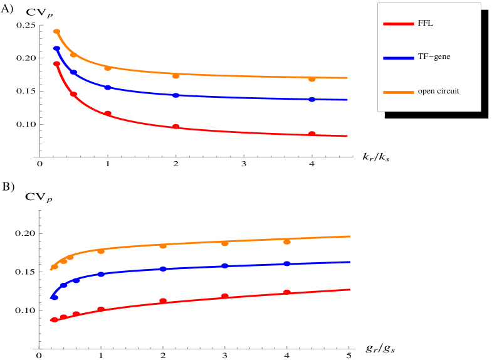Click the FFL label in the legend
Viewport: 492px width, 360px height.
pos(425,24)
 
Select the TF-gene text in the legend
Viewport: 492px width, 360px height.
pos(434,57)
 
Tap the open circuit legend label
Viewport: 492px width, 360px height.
pos(438,92)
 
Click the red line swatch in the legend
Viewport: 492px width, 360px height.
pos(398,24)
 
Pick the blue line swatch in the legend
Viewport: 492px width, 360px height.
pos(398,58)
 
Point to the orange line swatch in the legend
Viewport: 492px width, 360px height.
pos(398,92)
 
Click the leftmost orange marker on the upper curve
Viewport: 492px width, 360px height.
pos(56,31)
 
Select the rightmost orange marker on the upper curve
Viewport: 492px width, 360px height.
pos(311,79)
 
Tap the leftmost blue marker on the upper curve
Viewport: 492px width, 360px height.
pos(56,48)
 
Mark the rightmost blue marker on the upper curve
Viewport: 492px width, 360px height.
pos(311,99)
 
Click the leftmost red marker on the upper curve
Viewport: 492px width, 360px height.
pos(56,64)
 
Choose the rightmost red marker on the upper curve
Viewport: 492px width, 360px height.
pos(311,134)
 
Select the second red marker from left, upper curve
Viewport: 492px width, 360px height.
pos(73,94)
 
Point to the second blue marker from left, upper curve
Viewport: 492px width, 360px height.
pos(73,73)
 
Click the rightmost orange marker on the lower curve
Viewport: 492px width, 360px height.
pos(286,241)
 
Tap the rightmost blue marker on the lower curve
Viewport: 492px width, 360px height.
pos(286,263)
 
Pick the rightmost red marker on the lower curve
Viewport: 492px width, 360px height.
pos(286,292)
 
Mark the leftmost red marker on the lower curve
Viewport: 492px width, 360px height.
pos(55,320)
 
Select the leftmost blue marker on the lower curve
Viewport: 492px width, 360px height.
pos(55,297)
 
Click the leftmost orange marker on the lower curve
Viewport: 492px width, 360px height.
pos(55,267)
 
